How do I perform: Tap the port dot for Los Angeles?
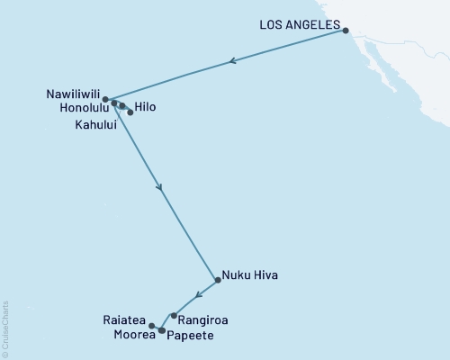point(346,31)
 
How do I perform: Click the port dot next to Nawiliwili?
point(105,99)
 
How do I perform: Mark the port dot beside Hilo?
point(130,112)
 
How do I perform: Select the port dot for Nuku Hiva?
point(217,280)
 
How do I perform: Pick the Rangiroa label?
point(202,319)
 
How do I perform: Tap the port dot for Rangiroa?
point(174,315)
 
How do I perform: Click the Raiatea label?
point(127,319)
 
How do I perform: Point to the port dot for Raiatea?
point(152,326)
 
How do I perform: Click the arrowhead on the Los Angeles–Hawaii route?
point(232,62)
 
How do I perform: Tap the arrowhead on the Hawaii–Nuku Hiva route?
point(160,188)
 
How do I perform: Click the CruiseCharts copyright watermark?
point(5,328)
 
